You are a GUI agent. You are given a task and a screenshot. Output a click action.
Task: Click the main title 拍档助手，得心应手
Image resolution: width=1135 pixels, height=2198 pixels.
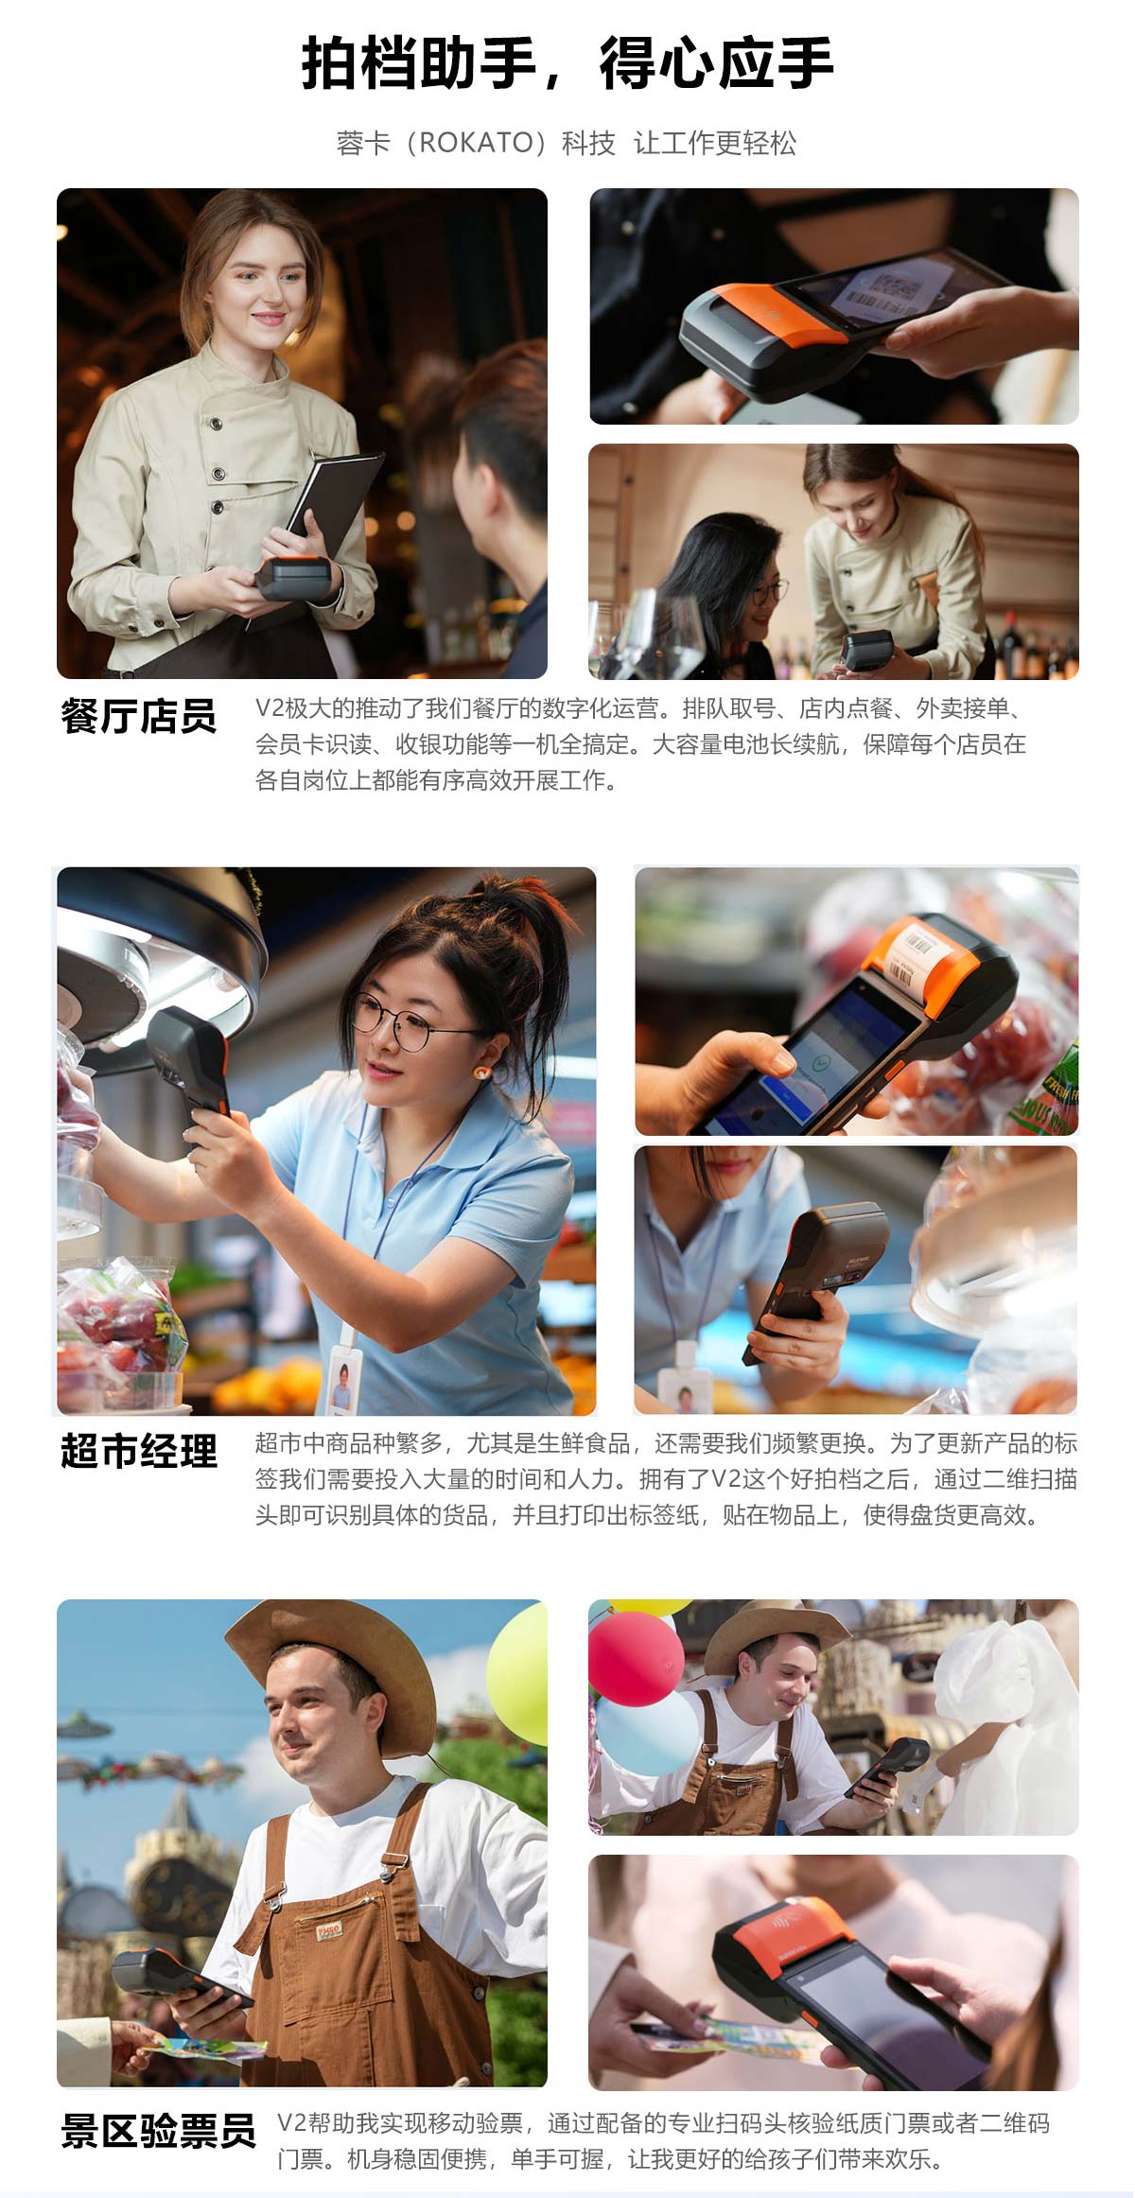click(567, 64)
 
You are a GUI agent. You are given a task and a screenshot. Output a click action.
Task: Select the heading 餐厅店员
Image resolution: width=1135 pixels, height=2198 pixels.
click(138, 717)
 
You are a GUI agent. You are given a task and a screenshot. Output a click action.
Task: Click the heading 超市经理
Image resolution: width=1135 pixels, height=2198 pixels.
click(138, 1452)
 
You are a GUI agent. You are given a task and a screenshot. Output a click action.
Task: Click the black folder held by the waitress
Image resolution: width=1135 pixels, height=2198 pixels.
click(336, 501)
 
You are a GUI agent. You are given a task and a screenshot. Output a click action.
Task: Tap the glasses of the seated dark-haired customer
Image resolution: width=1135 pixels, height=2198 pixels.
click(767, 594)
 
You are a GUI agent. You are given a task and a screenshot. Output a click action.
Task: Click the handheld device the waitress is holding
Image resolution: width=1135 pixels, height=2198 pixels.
click(297, 577)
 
